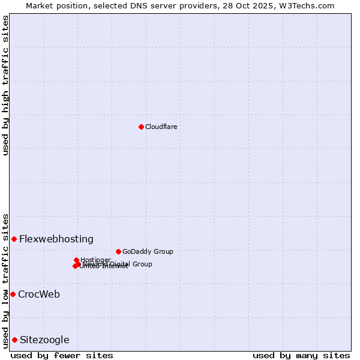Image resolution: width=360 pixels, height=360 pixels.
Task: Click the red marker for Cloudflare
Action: pos(141,127)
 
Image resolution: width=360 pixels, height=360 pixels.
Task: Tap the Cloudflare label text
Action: pos(161,127)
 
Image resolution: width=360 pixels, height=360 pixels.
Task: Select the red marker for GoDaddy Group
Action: pos(118,251)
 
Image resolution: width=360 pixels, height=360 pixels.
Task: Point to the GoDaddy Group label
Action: pos(147,251)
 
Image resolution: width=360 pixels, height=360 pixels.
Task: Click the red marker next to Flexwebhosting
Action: pos(14,239)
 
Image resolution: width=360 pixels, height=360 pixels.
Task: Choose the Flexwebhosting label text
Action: pos(56,239)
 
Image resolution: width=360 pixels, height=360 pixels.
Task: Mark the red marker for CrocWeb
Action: pos(13,294)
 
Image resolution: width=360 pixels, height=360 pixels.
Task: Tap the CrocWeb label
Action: pos(38,294)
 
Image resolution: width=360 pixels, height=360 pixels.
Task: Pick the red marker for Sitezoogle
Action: pos(14,340)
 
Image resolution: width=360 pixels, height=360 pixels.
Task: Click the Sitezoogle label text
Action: pos(44,340)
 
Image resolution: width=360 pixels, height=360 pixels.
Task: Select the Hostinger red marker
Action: pos(76,260)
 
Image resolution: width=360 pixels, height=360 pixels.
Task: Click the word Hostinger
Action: pos(95,260)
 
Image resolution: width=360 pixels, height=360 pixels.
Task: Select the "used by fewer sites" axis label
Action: pos(62,355)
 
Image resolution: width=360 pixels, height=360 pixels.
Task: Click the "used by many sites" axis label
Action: pos(301,355)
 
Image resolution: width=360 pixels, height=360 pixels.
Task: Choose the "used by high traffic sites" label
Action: pos(5,85)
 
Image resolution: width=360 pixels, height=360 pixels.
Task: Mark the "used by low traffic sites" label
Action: pos(5,280)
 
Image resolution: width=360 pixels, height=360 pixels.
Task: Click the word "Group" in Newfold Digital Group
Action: pos(142,264)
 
